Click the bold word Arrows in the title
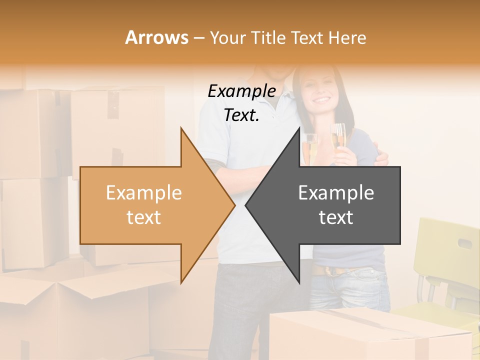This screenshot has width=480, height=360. (156, 37)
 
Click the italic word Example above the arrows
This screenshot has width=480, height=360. (241, 91)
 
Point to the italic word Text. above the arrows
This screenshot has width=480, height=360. (241, 115)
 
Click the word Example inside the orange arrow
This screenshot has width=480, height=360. (144, 193)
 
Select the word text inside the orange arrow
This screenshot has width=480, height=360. (144, 217)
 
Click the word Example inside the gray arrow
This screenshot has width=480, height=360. (336, 193)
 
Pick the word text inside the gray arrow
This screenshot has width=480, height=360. (336, 217)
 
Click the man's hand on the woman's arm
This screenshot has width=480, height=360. (381, 159)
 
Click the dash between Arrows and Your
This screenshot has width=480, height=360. (198, 38)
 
